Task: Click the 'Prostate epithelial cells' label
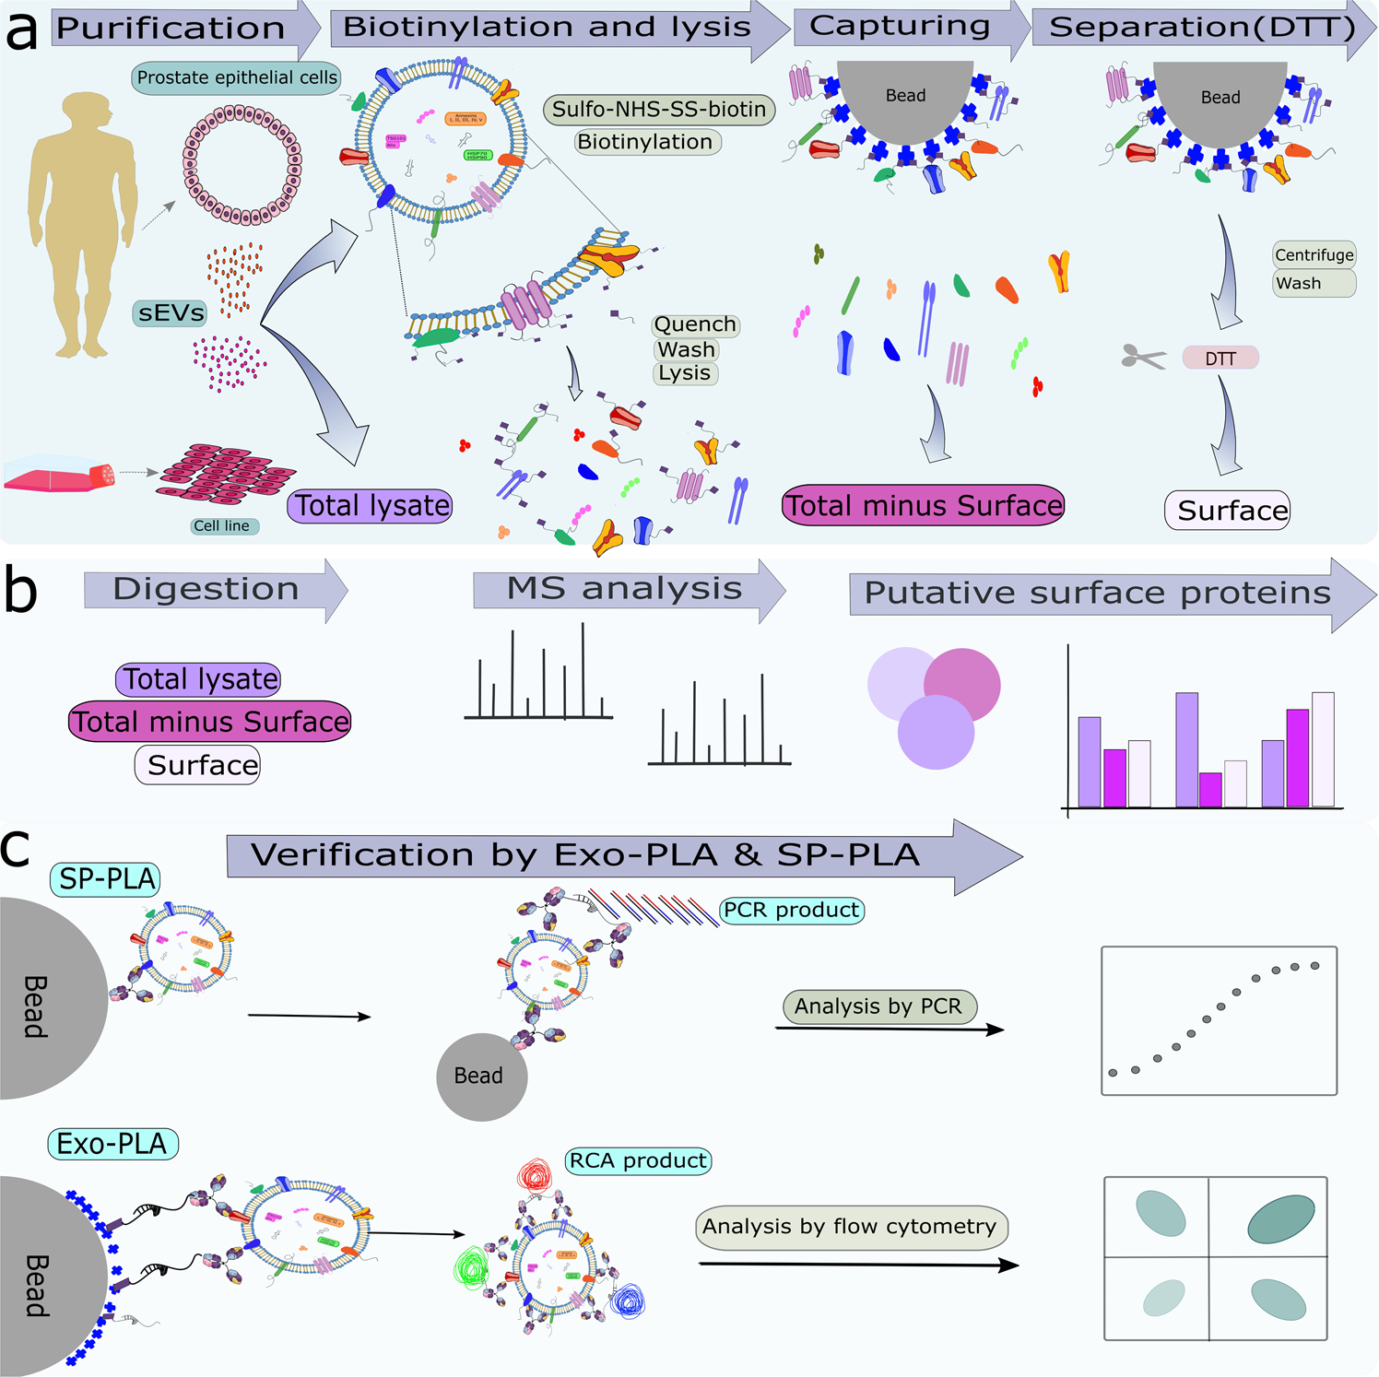237,77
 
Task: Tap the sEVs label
171,312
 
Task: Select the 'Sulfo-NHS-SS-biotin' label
659,110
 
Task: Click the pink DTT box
1220,358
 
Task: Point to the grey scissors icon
1143,356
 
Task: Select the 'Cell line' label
221,525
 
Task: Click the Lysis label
685,372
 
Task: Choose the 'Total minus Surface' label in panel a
923,505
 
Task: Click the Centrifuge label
1314,255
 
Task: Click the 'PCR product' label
792,910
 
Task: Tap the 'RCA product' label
639,1160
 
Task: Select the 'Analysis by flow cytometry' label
850,1227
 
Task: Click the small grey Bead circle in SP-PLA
481,1076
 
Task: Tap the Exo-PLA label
112,1144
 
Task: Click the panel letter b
20,592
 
